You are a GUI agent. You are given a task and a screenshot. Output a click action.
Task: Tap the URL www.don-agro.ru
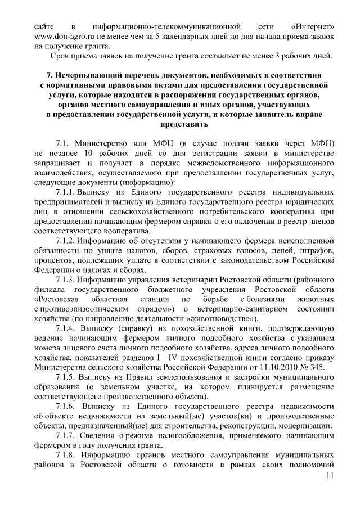(62, 36)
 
